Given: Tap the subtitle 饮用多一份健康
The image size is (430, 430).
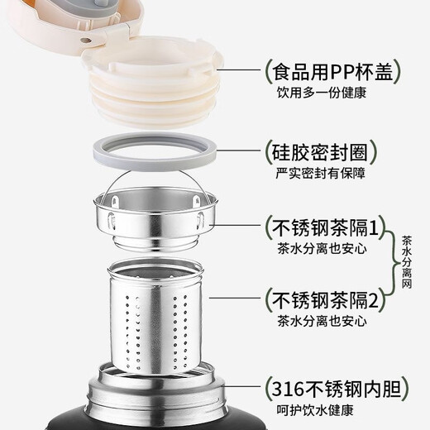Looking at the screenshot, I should point(322,93).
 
